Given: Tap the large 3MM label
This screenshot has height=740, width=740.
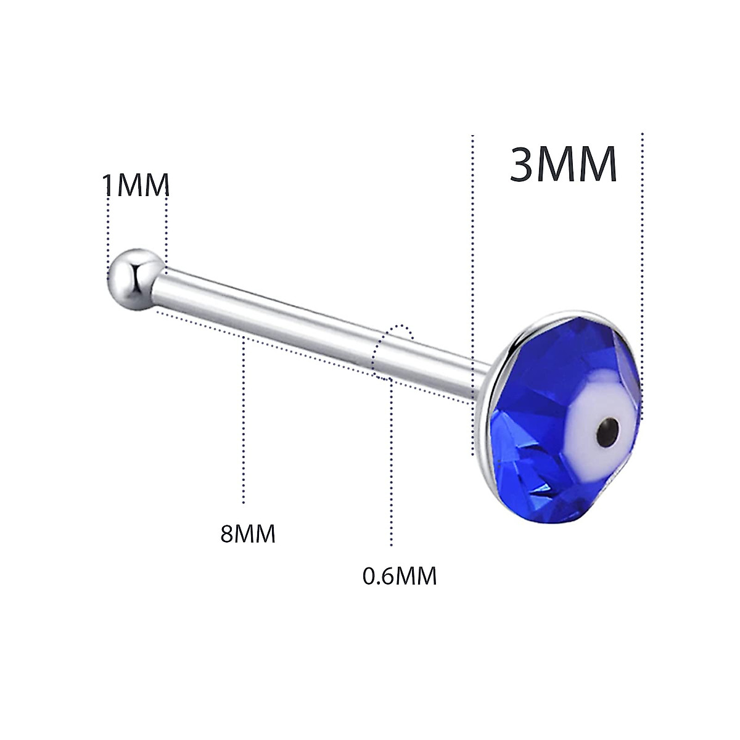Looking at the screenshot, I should [563, 165].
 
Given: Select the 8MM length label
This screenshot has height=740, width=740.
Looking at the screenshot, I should [247, 533].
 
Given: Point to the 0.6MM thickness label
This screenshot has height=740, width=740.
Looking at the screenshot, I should [399, 576].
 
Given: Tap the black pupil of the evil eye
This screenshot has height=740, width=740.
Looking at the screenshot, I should [609, 425].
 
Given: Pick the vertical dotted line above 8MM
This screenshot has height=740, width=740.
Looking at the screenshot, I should [244, 419].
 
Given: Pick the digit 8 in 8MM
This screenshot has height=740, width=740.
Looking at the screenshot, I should [227, 533].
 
